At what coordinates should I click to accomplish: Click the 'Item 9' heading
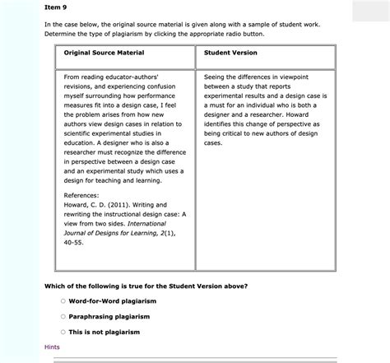pos(55,7)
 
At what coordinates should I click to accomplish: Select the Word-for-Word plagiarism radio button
pos(63,301)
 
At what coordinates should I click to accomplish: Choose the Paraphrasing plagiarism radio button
pos(63,316)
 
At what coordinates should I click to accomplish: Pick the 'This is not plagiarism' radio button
pos(63,332)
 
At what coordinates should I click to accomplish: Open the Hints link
pos(52,347)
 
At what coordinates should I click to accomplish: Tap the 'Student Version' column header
pos(230,53)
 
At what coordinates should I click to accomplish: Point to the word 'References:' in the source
pos(82,193)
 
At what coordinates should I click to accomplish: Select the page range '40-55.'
pos(75,243)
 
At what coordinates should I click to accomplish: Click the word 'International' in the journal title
pos(145,224)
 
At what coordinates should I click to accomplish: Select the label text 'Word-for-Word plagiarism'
pos(112,301)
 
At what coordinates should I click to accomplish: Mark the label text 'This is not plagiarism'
pos(104,332)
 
